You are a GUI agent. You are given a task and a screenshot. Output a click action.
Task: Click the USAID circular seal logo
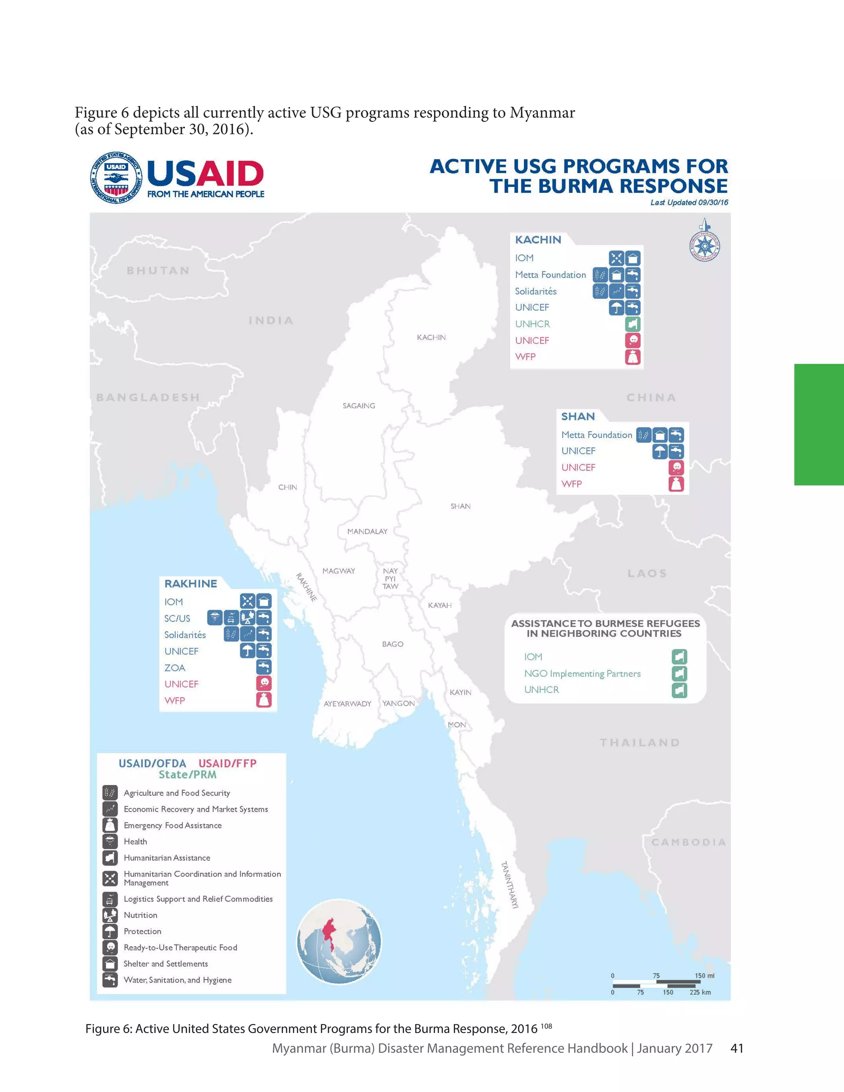[117, 178]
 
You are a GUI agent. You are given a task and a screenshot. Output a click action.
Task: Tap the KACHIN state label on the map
[431, 337]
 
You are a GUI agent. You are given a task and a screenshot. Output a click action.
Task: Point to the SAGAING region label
[359, 405]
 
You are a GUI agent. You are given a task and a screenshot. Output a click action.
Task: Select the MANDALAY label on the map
[367, 531]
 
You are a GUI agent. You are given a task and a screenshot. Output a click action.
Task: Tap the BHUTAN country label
[158, 270]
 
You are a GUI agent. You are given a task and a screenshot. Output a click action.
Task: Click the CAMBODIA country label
[688, 842]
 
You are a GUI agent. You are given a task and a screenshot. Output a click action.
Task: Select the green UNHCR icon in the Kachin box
[633, 324]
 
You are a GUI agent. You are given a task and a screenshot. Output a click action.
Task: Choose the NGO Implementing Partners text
[582, 673]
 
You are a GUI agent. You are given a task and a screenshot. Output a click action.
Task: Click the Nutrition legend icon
[110, 915]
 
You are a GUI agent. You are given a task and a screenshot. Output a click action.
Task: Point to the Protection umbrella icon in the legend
[110, 931]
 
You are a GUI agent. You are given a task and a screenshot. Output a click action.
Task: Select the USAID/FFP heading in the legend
[227, 764]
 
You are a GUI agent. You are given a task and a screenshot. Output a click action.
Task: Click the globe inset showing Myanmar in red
[339, 942]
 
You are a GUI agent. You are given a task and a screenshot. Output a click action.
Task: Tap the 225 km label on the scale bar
[700, 992]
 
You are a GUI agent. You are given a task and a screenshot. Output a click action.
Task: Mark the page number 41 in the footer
[736, 1048]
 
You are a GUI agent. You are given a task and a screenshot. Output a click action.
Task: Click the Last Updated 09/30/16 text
[689, 202]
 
